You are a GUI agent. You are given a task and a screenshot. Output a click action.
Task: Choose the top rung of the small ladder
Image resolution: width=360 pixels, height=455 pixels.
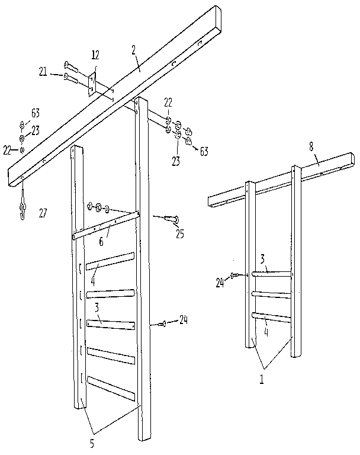pyautogui.click(x=272, y=274)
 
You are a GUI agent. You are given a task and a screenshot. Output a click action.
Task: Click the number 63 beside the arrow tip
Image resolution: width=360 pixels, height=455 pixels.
pyautogui.click(x=203, y=152)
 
